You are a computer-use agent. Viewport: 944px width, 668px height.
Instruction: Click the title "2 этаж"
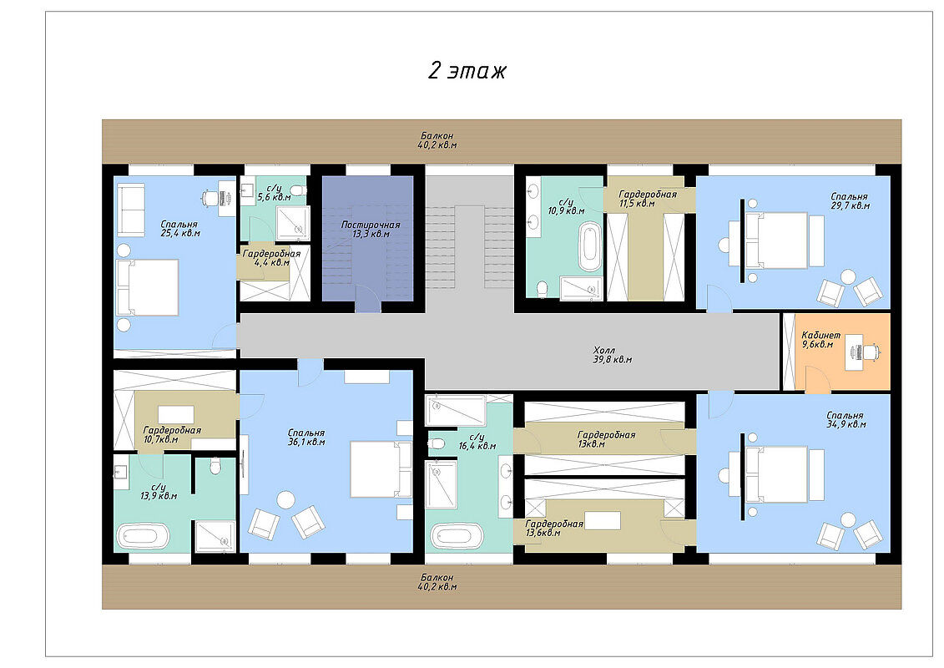pyautogui.click(x=467, y=71)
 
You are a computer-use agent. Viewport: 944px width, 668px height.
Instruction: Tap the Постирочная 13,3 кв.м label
pyautogui.click(x=371, y=229)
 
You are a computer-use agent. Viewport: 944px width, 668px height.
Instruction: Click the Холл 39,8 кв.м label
pyautogui.click(x=612, y=355)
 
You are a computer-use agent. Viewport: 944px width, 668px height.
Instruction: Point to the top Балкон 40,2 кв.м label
pyautogui.click(x=437, y=140)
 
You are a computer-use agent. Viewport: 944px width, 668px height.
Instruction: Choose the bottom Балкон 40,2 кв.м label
pyautogui.click(x=437, y=582)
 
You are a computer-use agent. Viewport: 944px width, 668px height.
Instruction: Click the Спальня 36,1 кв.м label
pyautogui.click(x=305, y=438)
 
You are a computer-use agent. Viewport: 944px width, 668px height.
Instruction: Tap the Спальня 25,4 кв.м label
pyautogui.click(x=180, y=228)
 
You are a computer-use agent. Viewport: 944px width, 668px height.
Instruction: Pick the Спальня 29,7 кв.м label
pyautogui.click(x=850, y=201)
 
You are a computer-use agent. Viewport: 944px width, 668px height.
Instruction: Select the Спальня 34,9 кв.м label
pyautogui.click(x=846, y=420)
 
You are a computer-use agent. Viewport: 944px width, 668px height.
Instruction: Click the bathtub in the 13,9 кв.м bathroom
pyautogui.click(x=142, y=536)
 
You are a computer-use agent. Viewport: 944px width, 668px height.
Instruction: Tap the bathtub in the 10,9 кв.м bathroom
pyautogui.click(x=590, y=246)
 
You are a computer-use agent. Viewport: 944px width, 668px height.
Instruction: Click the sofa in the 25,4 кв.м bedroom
pyautogui.click(x=131, y=209)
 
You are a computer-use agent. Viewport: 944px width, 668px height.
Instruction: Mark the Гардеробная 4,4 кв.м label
pyautogui.click(x=271, y=258)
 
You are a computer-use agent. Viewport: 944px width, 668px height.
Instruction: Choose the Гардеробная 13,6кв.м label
pyautogui.click(x=554, y=529)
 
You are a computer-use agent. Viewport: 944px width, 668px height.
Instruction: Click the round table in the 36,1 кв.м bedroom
pyautogui.click(x=286, y=500)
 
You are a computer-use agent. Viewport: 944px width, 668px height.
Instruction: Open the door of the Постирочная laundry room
pyautogui.click(x=368, y=299)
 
